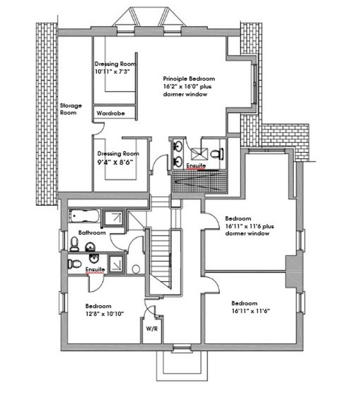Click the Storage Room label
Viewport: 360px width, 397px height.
pos(71,109)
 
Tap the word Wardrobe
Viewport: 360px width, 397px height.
pos(111,113)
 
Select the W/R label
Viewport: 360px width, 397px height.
pos(152,329)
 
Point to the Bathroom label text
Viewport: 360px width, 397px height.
pos(92,232)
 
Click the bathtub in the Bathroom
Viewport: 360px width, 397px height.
pos(84,216)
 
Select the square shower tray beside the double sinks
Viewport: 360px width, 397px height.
pos(199,154)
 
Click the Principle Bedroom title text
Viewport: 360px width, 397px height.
pos(189,79)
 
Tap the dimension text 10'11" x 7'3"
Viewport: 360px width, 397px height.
pos(112,71)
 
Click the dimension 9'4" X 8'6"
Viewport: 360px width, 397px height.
pos(115,162)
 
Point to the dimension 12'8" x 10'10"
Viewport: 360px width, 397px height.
pos(104,314)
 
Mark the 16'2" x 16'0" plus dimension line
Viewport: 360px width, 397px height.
pos(187,86)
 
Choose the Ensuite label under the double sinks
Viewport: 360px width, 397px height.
pos(196,166)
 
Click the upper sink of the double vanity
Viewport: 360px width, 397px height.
pos(178,146)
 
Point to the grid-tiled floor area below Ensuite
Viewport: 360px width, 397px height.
pos(199,182)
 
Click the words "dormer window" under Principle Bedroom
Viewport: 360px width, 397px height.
pos(185,94)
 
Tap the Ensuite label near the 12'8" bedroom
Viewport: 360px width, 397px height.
pos(95,270)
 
